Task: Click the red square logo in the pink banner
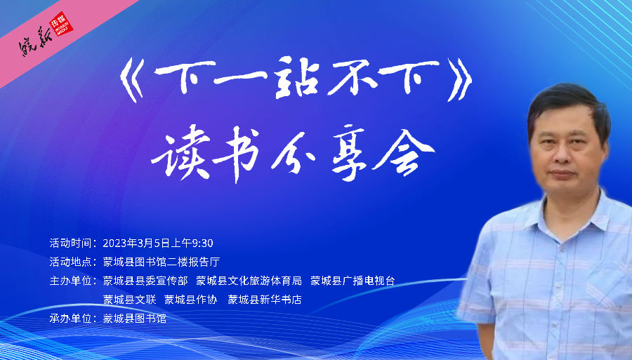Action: point(61,24)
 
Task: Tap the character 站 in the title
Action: point(296,77)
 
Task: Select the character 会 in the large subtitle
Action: point(402,152)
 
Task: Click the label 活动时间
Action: point(70,244)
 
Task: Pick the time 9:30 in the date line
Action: point(202,244)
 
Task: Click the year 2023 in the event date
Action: point(114,244)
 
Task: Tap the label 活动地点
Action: point(70,262)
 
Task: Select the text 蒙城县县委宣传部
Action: point(145,281)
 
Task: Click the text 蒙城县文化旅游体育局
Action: point(249,281)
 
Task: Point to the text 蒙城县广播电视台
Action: point(353,281)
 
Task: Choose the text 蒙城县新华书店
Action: point(265,300)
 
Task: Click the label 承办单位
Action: point(70,319)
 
